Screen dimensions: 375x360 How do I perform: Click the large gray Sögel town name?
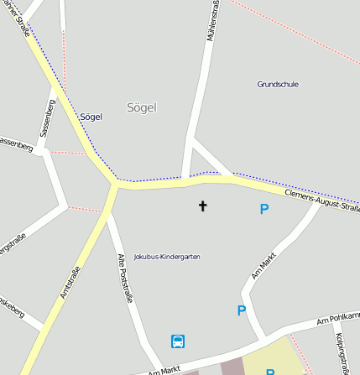tap(141, 107)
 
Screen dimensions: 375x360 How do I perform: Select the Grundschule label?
tap(278, 84)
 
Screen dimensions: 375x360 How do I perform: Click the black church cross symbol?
tap(202, 206)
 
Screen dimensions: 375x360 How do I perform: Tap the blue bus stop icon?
tap(178, 341)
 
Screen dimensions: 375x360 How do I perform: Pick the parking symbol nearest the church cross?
tap(264, 209)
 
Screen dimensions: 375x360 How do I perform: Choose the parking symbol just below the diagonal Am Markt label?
tap(242, 310)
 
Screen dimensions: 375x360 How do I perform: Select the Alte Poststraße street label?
tap(125, 278)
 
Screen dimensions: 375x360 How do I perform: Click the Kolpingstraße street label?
tap(341, 352)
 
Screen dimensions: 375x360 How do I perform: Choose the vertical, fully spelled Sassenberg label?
tap(48, 118)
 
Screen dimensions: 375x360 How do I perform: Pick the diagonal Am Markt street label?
tap(263, 265)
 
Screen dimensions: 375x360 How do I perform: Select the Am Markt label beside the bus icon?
tap(164, 369)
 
